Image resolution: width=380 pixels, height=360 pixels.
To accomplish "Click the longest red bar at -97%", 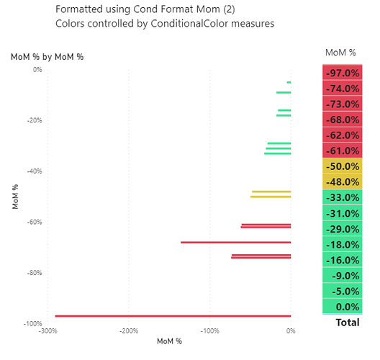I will click(x=173, y=316).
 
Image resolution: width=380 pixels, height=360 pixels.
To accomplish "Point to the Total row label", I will click(x=347, y=323).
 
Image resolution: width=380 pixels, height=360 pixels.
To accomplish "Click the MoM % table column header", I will click(x=340, y=52).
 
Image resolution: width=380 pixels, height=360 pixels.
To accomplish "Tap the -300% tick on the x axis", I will click(x=47, y=331).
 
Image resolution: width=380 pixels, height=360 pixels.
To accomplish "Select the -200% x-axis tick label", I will click(x=128, y=331).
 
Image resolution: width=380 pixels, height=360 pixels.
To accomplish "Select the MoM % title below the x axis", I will click(x=169, y=341).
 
